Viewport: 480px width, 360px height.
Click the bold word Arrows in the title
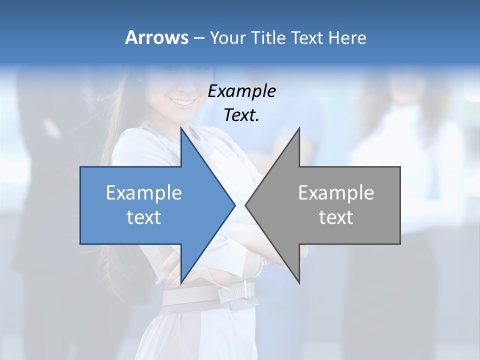click(x=156, y=37)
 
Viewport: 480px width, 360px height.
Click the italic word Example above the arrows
click(x=241, y=91)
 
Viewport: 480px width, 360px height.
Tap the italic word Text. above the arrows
click(x=241, y=115)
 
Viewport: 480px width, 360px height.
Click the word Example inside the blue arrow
click(x=144, y=193)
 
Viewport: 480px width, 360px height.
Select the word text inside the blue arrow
click(x=144, y=217)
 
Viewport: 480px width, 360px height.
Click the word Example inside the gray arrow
click(x=336, y=193)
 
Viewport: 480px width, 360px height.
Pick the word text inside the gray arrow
click(x=336, y=217)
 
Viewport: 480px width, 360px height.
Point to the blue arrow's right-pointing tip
click(x=234, y=205)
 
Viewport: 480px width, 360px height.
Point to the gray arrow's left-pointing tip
click(x=246, y=205)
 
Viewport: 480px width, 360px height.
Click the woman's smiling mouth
click(x=183, y=102)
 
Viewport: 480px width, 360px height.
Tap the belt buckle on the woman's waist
click(x=245, y=289)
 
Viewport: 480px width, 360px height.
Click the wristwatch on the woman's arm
click(x=259, y=265)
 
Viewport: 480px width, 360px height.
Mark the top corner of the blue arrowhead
click(x=181, y=128)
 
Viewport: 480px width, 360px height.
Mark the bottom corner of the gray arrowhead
click(x=299, y=283)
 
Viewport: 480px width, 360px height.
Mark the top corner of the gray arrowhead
click(x=299, y=128)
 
